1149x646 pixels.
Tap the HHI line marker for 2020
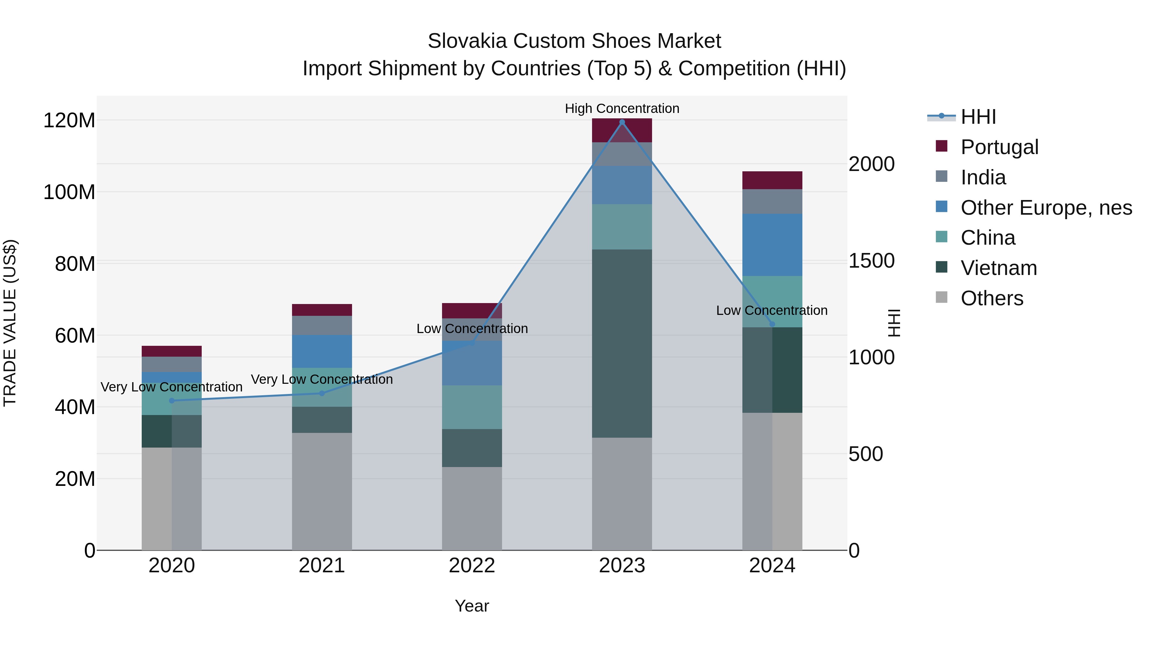172,400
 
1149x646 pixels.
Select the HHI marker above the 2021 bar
322,393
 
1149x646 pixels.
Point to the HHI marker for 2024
772,324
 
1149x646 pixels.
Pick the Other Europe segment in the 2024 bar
772,244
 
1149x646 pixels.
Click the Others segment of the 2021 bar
322,490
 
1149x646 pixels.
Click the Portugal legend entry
999,147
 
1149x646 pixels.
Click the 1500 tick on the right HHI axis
871,261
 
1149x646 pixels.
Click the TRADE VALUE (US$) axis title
10,323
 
